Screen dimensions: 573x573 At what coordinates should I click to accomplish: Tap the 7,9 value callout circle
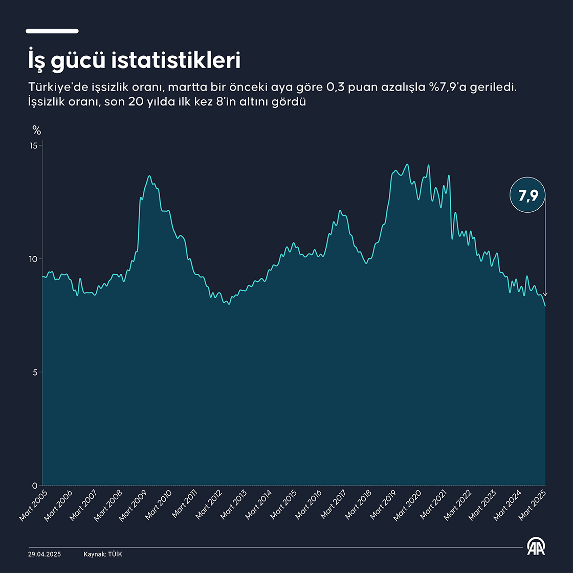pos(528,195)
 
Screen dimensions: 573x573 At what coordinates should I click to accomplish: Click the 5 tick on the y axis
pos(35,372)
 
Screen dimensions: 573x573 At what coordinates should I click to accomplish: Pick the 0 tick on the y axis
pos(35,486)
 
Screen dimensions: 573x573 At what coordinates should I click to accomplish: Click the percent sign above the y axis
pos(36,130)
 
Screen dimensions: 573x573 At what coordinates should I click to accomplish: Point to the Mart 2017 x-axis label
pos(334,505)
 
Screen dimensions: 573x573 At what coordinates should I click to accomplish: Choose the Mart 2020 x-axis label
pos(408,505)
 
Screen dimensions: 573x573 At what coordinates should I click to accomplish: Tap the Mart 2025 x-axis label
pos(533,505)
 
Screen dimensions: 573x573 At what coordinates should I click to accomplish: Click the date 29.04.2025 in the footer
pos(45,554)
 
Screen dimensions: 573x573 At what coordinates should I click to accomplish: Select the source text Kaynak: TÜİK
pos(103,554)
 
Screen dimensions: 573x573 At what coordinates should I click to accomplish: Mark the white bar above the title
pos(52,31)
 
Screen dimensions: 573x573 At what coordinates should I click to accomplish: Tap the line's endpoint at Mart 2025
pos(545,306)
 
